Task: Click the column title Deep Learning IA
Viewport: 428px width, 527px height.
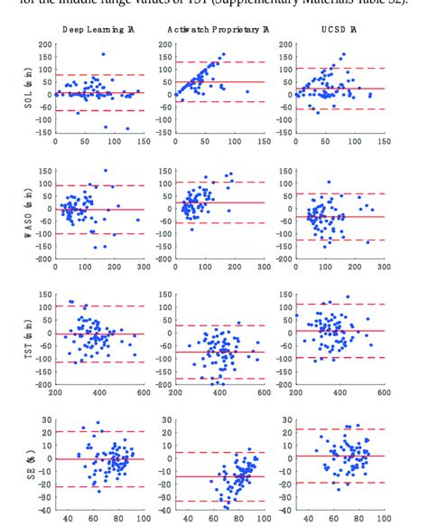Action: (99, 30)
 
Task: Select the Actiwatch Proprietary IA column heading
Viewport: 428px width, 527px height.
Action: (219, 30)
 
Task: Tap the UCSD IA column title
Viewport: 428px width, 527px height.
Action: (340, 30)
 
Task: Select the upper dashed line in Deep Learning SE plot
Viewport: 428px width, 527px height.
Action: (99, 432)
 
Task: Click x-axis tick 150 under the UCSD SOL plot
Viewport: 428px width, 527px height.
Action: (385, 142)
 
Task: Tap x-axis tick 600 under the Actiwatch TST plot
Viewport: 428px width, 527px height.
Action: (264, 391)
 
